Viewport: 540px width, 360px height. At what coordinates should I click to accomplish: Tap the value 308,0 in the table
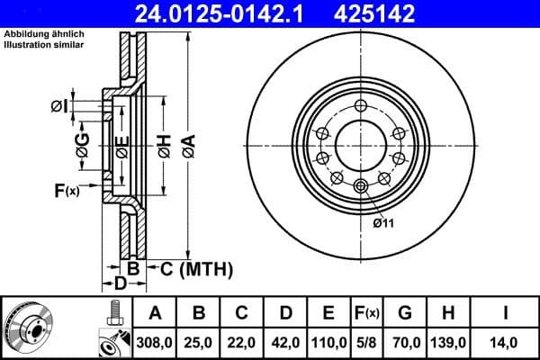pos(156,342)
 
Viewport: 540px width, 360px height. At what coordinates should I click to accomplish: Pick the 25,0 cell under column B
pos(199,342)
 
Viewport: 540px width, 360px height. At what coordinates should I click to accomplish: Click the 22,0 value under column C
pos(242,342)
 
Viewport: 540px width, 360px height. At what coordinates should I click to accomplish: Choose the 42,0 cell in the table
pos(285,342)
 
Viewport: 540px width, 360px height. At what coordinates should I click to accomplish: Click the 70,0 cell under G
pos(405,342)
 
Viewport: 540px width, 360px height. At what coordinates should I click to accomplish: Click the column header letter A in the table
pos(156,313)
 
